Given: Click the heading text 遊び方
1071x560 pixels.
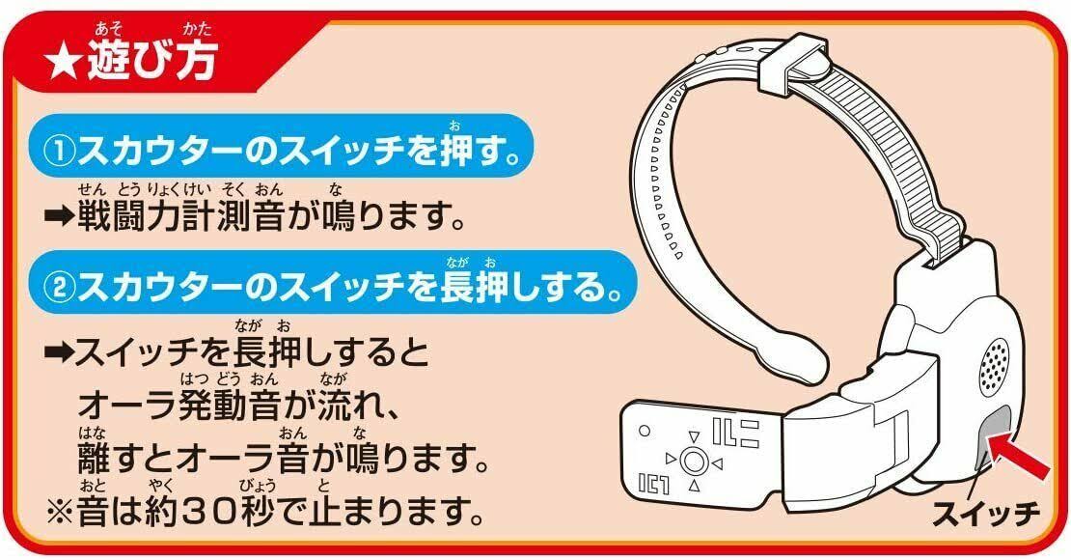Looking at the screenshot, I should click(145, 61).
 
